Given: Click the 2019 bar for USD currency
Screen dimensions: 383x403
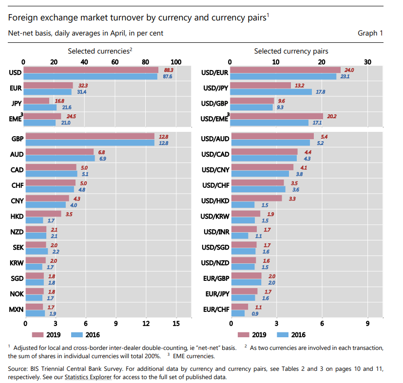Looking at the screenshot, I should point(90,70).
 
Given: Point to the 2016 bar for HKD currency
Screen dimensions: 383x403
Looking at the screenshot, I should point(34,220).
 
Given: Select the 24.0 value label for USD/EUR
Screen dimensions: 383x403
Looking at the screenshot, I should point(349,70).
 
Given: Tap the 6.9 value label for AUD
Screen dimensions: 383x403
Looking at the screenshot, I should point(103,158).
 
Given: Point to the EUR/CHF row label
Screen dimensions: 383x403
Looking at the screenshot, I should point(214,309).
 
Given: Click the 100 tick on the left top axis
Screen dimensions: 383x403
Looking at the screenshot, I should point(176,62).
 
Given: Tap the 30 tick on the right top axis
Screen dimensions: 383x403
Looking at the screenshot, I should point(367,62).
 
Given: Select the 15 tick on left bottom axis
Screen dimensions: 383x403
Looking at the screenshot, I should point(176,324).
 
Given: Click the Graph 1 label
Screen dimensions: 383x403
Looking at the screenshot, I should point(370,33).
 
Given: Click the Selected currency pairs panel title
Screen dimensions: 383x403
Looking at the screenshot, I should point(291,51).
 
